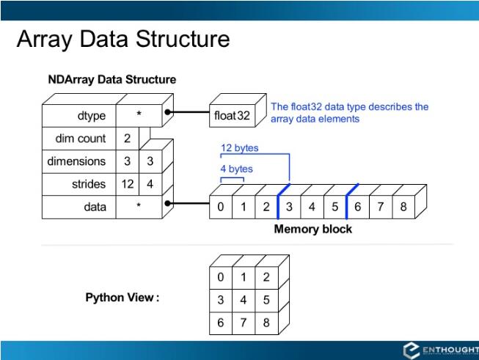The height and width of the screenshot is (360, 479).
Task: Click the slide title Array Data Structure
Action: point(123,39)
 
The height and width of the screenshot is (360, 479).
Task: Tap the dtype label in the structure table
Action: point(92,116)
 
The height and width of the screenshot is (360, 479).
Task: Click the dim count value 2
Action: point(128,139)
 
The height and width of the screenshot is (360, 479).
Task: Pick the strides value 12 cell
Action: point(128,184)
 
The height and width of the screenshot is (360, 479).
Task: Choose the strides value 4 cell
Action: point(150,184)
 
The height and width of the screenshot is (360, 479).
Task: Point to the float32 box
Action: point(232,116)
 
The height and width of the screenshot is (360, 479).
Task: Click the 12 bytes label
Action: point(240,148)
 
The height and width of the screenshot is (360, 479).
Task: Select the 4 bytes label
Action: point(237,169)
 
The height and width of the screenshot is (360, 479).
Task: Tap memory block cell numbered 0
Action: point(221,207)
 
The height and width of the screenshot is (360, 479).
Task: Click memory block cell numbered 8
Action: point(403,207)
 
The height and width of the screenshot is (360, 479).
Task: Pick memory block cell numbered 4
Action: point(312,207)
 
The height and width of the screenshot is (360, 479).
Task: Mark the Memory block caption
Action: point(312,229)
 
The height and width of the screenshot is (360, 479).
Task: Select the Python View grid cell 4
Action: point(244,300)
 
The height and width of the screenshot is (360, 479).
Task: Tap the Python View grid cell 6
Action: point(221,323)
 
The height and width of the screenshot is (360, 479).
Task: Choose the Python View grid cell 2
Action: point(266,277)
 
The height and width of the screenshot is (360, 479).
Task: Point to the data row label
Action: point(95,207)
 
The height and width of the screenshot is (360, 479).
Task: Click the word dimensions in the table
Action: point(77,161)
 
